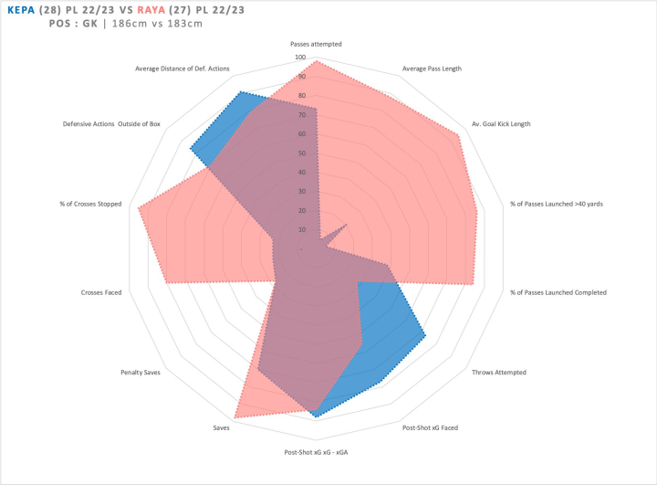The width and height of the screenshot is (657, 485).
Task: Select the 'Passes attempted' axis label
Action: [x=316, y=43]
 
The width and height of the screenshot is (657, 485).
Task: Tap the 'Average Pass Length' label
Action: [x=432, y=69]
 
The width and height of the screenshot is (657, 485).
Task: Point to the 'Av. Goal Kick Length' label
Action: [x=501, y=124]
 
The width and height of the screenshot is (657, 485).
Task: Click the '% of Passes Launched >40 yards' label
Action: [x=556, y=204]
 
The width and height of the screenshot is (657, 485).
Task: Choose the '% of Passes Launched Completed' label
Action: [x=558, y=292]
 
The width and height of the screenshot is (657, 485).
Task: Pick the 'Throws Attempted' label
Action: [x=498, y=372]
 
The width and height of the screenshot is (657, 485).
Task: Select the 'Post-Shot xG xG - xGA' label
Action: [x=316, y=452]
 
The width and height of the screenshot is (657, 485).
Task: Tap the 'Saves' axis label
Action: [x=221, y=427]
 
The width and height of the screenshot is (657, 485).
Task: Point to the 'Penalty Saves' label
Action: [x=141, y=372]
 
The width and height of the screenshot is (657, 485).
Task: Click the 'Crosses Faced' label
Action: [x=101, y=292]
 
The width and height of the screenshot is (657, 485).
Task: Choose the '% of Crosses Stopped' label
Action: [x=90, y=204]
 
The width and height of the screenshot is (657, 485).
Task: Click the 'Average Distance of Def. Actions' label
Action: [x=182, y=69]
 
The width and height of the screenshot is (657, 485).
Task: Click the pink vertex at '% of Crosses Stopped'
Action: [x=139, y=209]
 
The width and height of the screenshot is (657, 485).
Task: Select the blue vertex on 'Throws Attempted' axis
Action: [x=425, y=335]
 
